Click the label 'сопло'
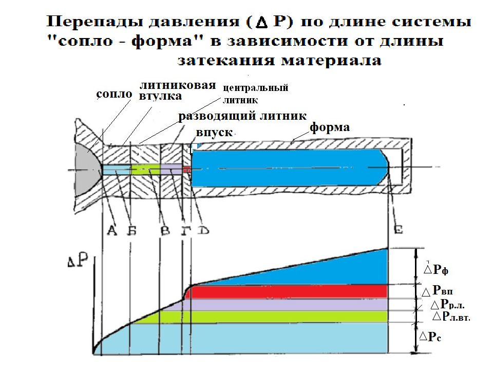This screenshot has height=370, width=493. point(114,94)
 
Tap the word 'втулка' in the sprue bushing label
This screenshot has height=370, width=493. point(160,96)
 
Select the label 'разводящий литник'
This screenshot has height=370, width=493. point(242,116)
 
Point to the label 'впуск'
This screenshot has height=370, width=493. point(214,133)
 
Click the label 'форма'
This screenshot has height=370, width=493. point(330,127)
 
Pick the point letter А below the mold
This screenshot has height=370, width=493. point(111,231)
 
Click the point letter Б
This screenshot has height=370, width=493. point(132,231)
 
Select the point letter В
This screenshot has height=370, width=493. point(165,231)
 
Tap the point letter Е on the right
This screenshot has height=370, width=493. point(398,230)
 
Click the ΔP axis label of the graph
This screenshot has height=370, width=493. point(78,261)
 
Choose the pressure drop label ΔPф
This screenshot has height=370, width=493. point(436,269)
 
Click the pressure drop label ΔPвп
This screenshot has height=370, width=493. point(437,290)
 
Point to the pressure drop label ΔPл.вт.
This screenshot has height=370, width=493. point(451,316)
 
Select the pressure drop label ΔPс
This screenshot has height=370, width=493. point(430,337)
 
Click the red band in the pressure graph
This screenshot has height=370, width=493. point(286,292)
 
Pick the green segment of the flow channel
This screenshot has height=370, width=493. point(146,169)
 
